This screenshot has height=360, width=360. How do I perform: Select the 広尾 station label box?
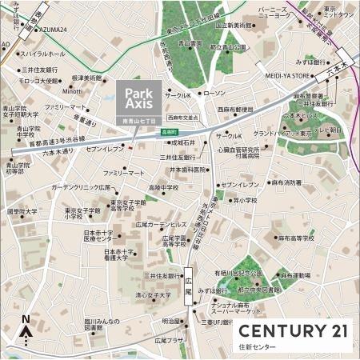click(189, 281)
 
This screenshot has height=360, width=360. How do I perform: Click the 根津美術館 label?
click(87, 78)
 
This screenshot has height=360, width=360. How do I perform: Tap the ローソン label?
click(215, 94)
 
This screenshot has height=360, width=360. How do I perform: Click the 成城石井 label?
click(184, 142)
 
